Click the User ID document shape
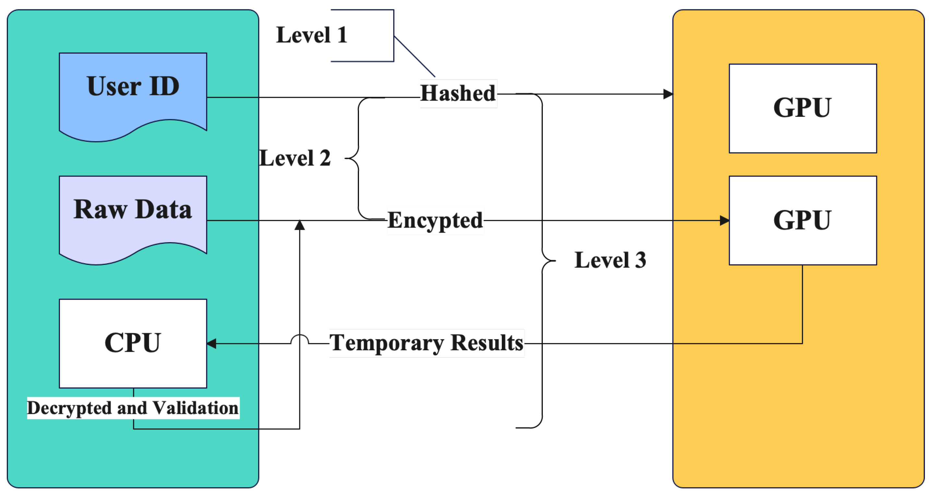pos(133,94)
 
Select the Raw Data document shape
pos(133,217)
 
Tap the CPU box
pos(133,343)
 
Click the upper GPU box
pos(803,108)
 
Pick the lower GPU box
pos(803,220)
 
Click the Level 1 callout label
pos(312,35)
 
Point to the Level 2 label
pos(295,158)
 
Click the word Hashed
pos(458,93)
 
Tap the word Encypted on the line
pos(435,220)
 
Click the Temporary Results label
pos(426,343)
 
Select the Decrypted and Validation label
pos(133,408)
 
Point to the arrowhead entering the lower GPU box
pos(724,220)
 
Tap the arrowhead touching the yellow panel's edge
pos(668,94)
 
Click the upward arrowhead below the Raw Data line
pos(300,226)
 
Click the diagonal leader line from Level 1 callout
pos(414,56)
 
